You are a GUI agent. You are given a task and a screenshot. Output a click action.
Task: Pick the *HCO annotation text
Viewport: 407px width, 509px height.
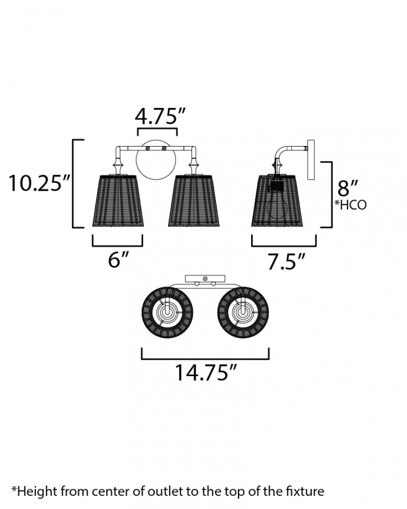pos(350,205)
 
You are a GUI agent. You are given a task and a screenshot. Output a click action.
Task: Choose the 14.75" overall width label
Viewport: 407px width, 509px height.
pos(206,372)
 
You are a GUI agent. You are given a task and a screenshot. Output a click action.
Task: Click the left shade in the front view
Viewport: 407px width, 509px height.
pos(118,201)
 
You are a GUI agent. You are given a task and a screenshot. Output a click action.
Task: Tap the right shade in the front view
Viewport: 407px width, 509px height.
pos(194,201)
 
